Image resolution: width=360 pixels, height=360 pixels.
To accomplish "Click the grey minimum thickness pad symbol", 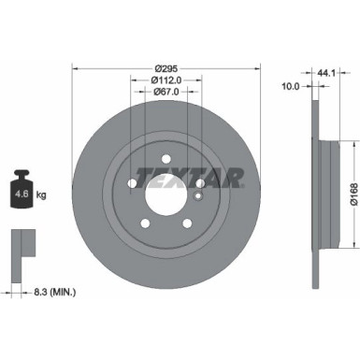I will coord(20,245).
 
